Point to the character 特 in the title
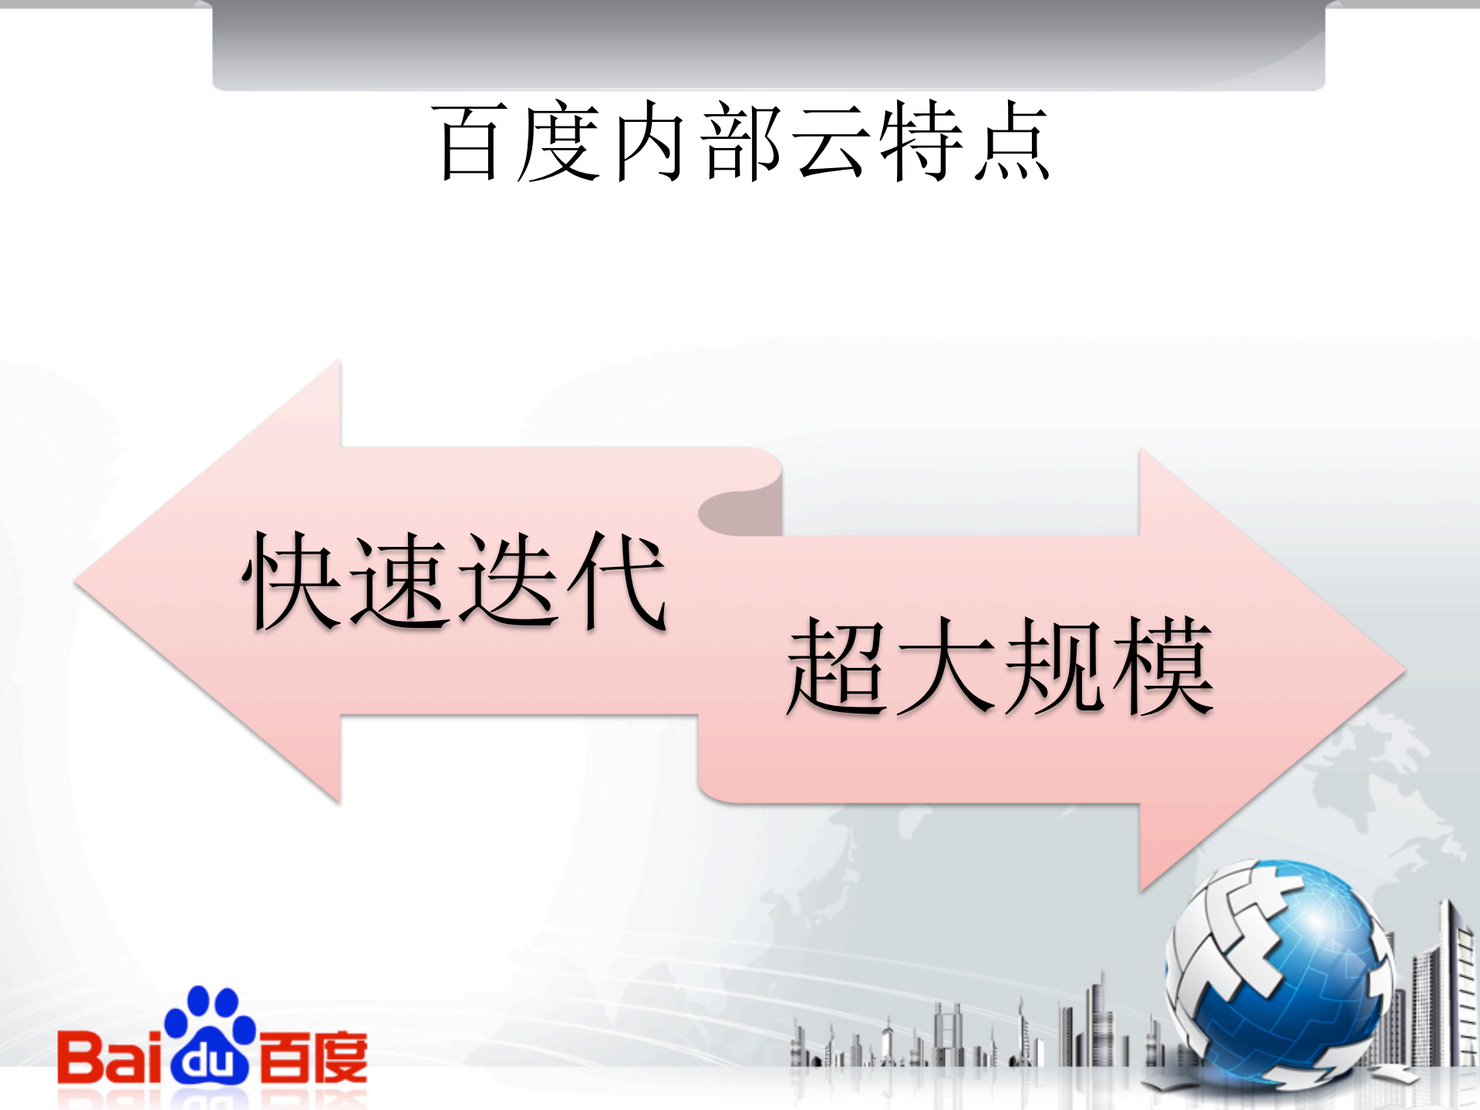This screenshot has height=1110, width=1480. [921, 144]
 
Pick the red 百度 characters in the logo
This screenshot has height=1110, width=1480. [312, 1057]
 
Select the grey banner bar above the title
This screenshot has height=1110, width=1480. [768, 45]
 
